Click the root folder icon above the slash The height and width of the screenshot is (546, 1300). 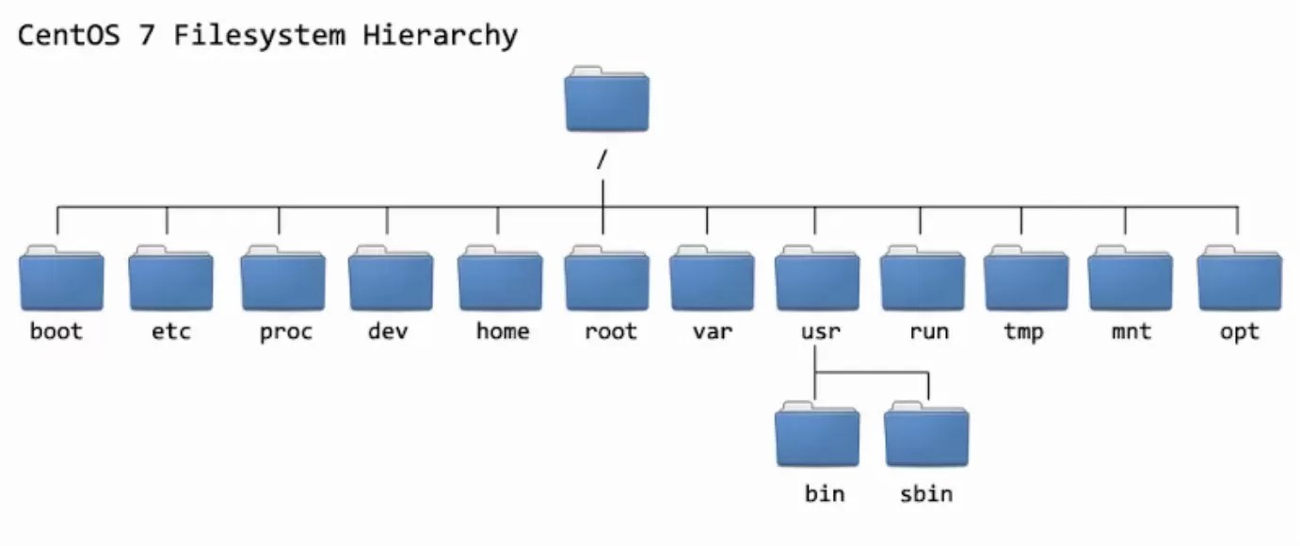[606, 100]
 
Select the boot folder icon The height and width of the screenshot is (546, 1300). [61, 279]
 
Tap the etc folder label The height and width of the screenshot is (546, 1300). [170, 331]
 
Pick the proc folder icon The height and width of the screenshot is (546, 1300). [282, 279]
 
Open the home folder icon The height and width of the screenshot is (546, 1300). [500, 279]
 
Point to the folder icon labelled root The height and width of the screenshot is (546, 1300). [607, 279]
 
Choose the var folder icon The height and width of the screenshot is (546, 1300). [713, 279]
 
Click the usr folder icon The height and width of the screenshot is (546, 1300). [817, 279]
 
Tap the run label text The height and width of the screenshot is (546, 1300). [928, 331]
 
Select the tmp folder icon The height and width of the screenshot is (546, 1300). [1026, 279]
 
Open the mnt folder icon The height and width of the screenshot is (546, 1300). [1130, 279]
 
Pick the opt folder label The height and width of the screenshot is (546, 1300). [1239, 331]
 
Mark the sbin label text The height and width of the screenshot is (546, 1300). [926, 493]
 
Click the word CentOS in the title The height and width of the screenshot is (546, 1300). [70, 36]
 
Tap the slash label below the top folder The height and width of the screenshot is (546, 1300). [601, 160]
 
